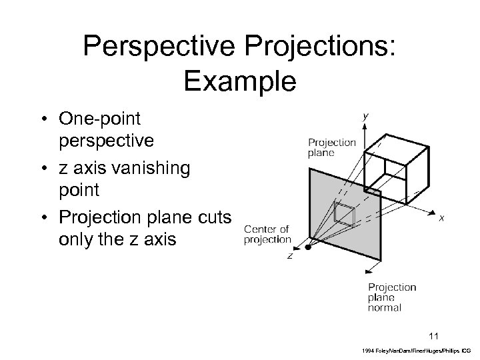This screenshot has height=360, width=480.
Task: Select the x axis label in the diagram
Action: [442, 217]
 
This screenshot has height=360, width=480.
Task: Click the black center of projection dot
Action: [307, 247]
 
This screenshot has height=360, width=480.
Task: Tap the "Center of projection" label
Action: [267, 235]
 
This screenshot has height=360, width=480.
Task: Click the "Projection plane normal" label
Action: [392, 297]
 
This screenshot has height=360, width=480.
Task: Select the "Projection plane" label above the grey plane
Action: [332, 147]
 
